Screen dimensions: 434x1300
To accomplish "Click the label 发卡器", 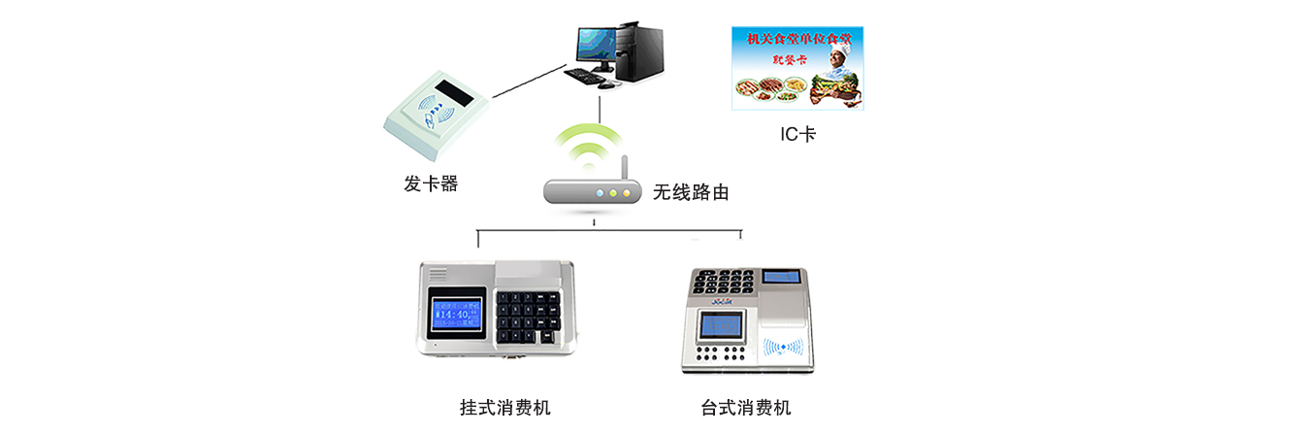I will tap(430, 183).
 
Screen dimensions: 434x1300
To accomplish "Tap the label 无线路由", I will tap(690, 192).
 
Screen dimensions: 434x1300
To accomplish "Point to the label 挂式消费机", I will tap(504, 407).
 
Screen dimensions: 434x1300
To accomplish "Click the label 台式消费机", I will tap(746, 407).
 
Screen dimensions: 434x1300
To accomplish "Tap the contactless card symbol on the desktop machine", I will tap(783, 346).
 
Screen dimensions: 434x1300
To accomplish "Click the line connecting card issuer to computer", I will tap(529, 83).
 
